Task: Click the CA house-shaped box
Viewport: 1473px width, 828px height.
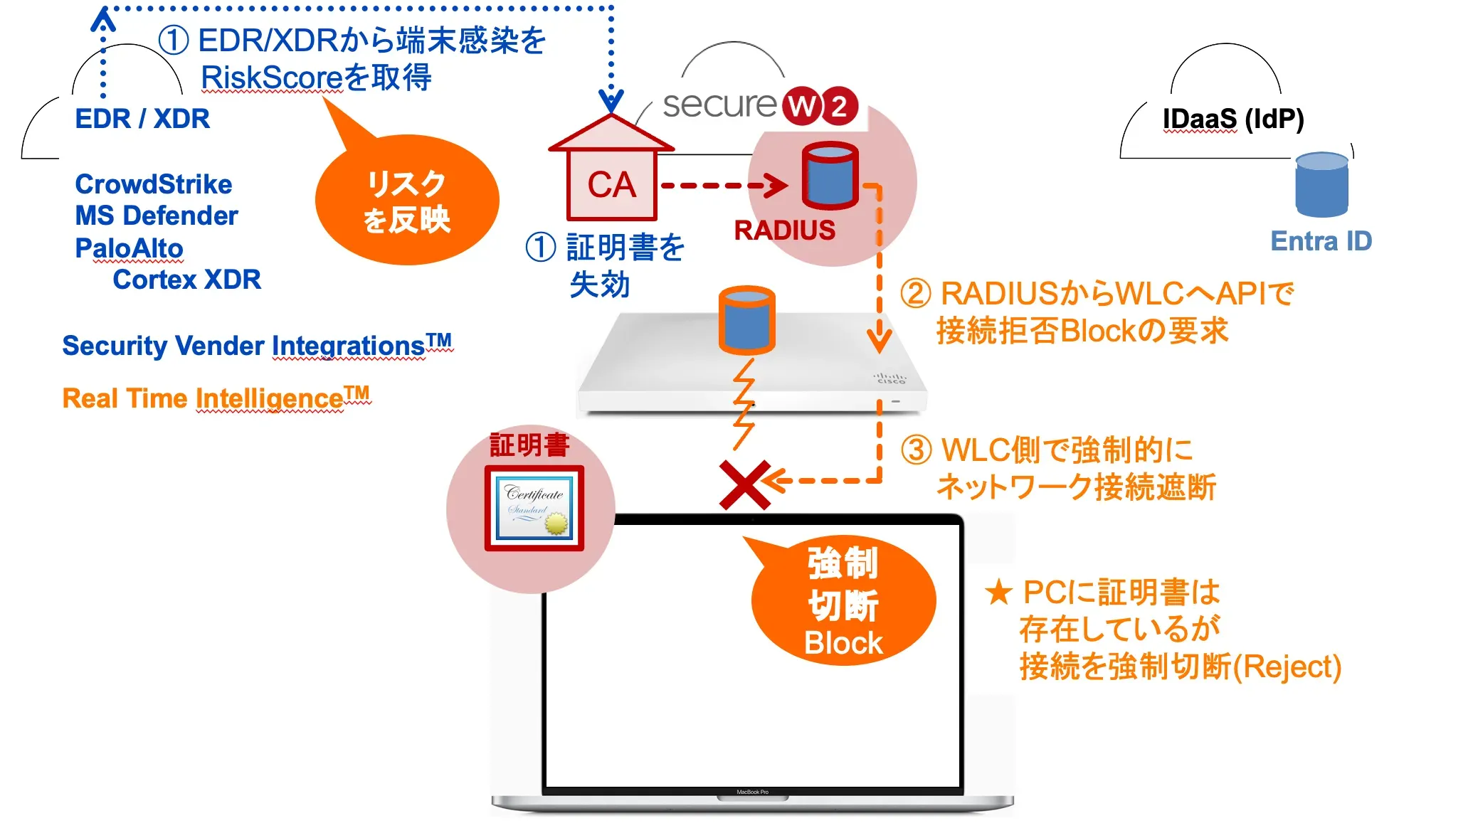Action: (611, 178)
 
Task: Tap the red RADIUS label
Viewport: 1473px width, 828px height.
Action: (784, 230)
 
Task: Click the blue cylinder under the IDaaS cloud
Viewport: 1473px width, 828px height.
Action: (1321, 184)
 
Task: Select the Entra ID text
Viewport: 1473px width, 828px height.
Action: (1321, 241)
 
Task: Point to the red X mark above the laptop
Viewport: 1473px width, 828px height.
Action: (744, 485)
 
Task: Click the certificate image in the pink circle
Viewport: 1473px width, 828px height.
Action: (534, 508)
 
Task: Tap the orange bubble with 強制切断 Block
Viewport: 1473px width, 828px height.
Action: (843, 602)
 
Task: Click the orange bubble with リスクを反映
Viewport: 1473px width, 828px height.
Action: (407, 201)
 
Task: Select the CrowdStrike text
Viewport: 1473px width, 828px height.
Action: (154, 184)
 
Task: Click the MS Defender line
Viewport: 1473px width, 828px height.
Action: (157, 216)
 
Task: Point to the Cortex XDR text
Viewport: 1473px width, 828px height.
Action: (186, 280)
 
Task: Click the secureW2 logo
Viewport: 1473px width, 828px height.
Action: (759, 105)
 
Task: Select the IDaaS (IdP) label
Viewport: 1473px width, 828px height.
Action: (1232, 119)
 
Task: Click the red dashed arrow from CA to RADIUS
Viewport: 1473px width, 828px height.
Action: (722, 186)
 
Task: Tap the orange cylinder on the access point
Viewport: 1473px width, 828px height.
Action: (746, 320)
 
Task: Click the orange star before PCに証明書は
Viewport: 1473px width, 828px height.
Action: (998, 592)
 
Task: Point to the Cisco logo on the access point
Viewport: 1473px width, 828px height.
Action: (890, 378)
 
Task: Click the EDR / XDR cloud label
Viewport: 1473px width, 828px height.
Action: (142, 119)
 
